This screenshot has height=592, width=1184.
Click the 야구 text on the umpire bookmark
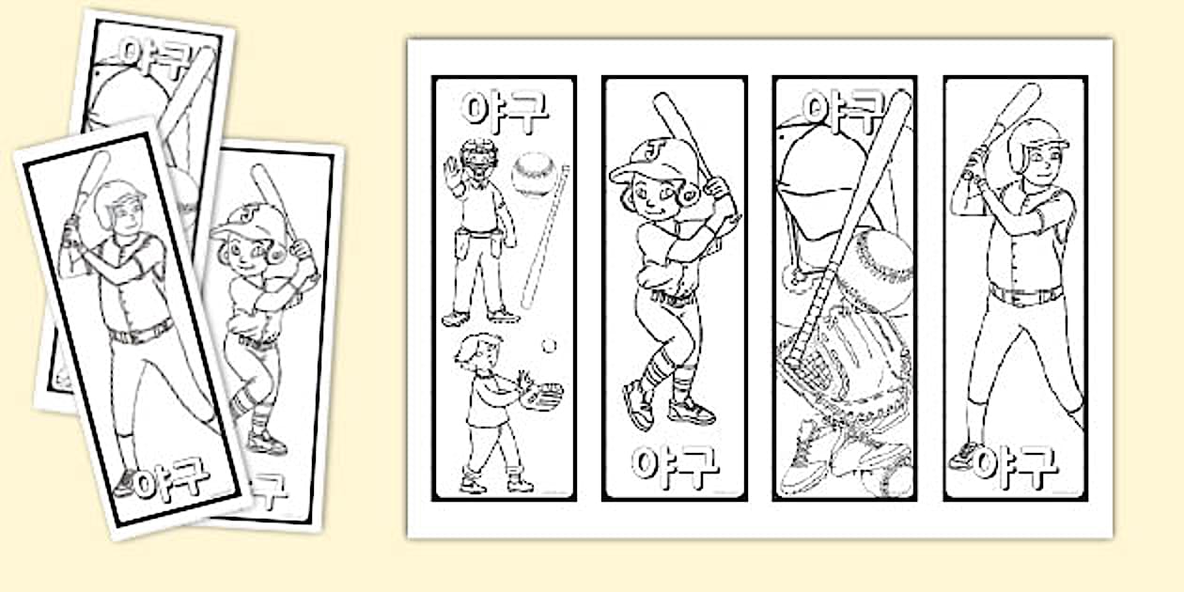coord(505,111)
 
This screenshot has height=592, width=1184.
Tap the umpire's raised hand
coord(453,172)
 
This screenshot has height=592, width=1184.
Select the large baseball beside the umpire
coord(534,174)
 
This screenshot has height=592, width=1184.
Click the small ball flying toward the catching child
coord(549,346)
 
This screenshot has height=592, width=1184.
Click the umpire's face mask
coord(479,158)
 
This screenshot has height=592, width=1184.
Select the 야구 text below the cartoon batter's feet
coord(675,466)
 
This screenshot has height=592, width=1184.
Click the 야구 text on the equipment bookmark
coord(844,111)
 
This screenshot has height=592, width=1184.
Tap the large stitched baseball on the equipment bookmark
coord(879,270)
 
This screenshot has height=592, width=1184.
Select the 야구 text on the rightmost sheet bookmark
coord(1016,466)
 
